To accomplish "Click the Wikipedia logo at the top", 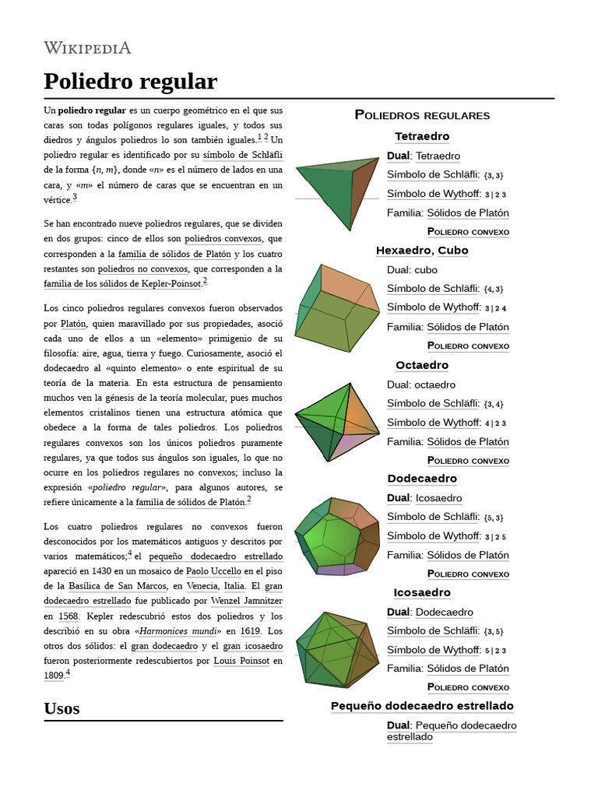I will coord(87,48).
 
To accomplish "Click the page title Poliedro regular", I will coord(130,81).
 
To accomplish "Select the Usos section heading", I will coord(62,707).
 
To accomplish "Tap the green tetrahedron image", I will coord(336,190).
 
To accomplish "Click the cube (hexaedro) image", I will coord(336,307).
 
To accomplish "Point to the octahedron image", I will coord(336,420).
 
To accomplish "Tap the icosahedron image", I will coord(336,648).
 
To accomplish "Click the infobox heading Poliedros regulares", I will coord(422,115).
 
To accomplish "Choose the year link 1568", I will coord(69,616).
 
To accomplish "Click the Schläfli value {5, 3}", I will coord(493,518).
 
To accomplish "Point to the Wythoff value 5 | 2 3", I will coord(494,651).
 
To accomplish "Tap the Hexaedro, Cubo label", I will coord(422,251).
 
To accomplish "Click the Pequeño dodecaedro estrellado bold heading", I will coord(422,706).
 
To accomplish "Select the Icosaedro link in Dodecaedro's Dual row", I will coord(438,498).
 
